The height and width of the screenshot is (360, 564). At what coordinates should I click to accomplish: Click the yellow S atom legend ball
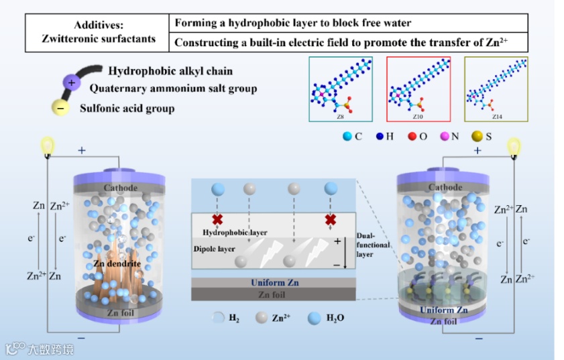point(477,136)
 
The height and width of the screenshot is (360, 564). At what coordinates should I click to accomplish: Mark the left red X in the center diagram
point(217,219)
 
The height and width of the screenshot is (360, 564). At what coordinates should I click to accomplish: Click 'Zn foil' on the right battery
point(445,321)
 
